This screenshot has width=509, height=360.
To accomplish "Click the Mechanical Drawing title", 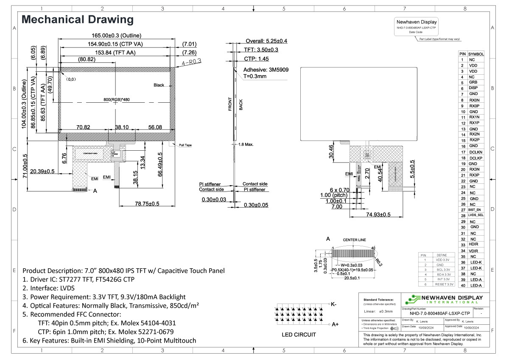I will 78,20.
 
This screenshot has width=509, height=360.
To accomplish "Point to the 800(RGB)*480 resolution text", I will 116,100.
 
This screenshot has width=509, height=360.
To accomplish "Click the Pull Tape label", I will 185,145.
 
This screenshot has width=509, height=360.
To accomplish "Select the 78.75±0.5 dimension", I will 141,204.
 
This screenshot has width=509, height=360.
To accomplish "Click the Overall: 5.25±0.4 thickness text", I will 266,41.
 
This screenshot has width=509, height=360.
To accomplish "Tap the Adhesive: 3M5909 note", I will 266,69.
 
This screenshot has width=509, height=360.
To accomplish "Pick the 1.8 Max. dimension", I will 246,144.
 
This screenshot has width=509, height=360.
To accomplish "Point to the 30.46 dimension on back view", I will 331,151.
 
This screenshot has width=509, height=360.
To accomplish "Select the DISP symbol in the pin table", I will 473,88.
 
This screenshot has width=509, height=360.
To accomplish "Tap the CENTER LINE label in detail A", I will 354,240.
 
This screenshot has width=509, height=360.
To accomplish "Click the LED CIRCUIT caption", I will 299,335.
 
